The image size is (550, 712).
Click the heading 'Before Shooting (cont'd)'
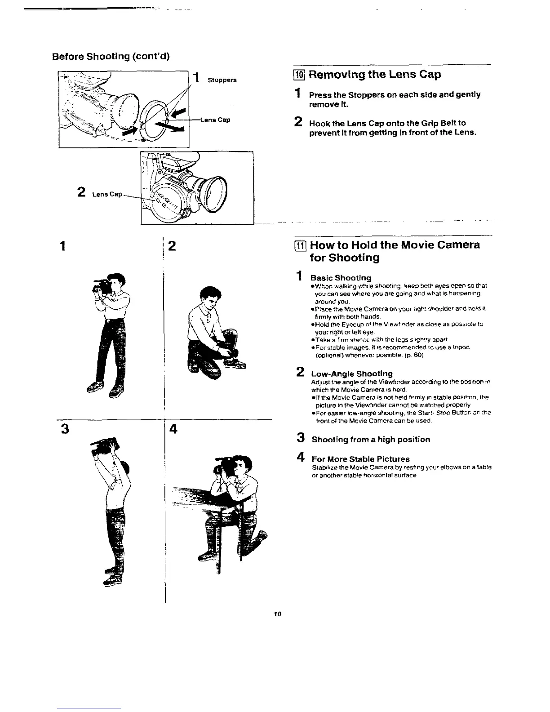coord(111,57)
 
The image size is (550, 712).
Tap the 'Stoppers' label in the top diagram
coord(222,80)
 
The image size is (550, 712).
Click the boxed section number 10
coord(299,75)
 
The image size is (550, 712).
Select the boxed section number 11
coord(300,246)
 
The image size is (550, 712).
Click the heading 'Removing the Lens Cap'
coord(375,74)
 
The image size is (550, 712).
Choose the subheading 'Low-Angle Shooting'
coord(352,374)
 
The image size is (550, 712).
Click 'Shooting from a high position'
coord(371,439)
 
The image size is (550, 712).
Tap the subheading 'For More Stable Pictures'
coord(360,459)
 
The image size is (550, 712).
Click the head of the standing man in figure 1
coord(116,282)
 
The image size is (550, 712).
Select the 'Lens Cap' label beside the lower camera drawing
coord(107,194)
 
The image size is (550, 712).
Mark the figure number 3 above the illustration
coord(66,429)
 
